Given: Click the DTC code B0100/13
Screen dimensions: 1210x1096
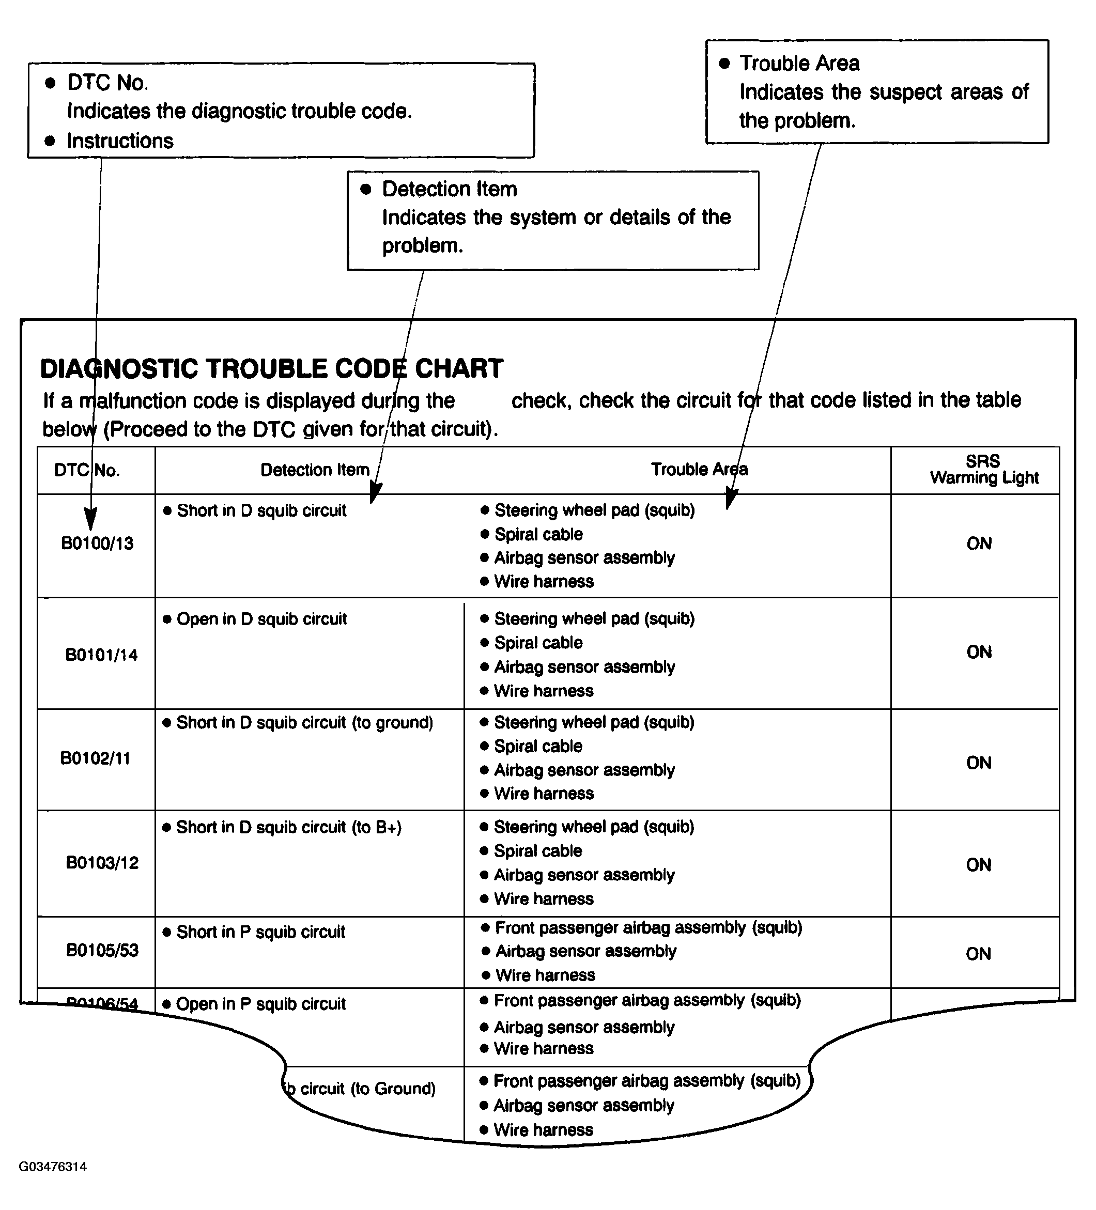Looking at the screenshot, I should coord(97,543).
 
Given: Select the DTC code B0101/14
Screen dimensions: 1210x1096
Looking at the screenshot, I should coord(101,654).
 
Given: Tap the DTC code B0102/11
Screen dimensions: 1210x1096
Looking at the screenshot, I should coord(95,758).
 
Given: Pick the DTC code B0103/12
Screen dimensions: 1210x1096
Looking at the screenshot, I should coord(102,862).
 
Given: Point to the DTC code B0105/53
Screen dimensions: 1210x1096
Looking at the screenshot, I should coord(102,950).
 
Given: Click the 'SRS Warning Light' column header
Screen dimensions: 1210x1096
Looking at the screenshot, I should coord(984,469).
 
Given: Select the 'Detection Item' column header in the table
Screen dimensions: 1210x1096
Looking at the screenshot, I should coord(315,469).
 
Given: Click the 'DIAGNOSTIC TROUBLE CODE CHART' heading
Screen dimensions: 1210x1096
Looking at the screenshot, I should coord(271,368).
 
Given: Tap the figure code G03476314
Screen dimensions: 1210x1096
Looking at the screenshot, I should coord(53,1166).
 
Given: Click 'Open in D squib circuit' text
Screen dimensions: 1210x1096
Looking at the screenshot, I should coord(261,619).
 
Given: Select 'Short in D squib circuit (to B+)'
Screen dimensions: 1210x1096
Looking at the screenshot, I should coord(289,827).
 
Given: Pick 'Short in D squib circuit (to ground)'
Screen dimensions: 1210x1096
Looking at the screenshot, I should coord(304,722).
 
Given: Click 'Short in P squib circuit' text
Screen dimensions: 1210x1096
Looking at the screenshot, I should coord(260,932).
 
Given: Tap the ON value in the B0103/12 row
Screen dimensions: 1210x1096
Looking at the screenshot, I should coord(978,865).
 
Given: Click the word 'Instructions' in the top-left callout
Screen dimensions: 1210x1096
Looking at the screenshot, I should coord(120,141).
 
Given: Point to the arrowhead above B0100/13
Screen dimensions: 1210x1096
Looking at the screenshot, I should coord(90,517).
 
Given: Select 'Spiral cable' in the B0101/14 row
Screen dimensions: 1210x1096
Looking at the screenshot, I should coord(538,643).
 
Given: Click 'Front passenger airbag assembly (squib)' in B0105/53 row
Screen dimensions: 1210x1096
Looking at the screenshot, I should coord(648,927).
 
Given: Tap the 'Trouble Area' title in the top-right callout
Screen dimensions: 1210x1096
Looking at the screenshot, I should coord(799,63).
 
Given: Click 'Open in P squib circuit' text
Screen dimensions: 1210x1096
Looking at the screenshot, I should coord(260,1003).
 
